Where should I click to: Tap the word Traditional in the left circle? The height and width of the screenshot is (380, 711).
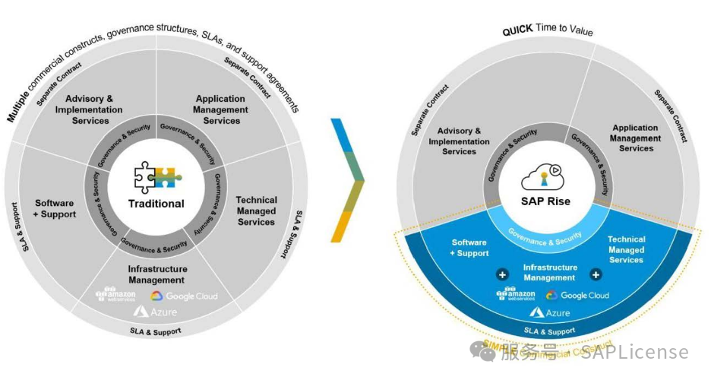pyautogui.click(x=156, y=204)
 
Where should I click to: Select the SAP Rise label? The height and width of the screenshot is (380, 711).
pyautogui.click(x=545, y=201)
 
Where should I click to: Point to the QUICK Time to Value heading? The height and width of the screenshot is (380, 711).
pyautogui.click(x=547, y=31)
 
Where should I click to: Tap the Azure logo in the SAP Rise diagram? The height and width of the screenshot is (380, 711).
pyautogui.click(x=553, y=312)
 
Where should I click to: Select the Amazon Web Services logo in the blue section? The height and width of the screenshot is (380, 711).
pyautogui.click(x=515, y=294)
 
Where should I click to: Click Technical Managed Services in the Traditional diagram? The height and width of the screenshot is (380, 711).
pyautogui.click(x=256, y=211)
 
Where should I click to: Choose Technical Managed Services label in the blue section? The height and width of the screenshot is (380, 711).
pyautogui.click(x=626, y=249)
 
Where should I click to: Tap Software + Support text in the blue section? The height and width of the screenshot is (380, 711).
pyautogui.click(x=469, y=248)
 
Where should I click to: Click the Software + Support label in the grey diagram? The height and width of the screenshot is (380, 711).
pyautogui.click(x=55, y=209)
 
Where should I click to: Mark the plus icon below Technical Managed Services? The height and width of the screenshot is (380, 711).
pyautogui.click(x=596, y=275)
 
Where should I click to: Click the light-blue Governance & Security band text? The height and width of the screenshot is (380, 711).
pyautogui.click(x=545, y=236)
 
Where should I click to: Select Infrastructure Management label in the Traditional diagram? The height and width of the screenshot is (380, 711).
pyautogui.click(x=156, y=274)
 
